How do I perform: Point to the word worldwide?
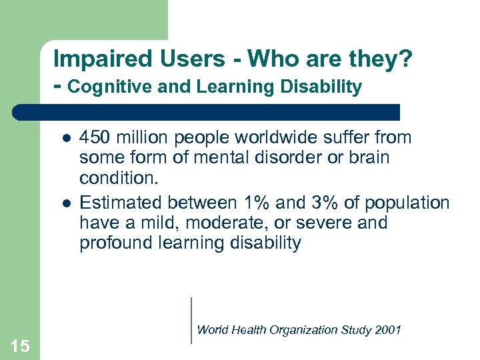[271, 138]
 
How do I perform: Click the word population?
[407, 202]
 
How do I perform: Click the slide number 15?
[20, 345]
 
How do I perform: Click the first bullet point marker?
[65, 139]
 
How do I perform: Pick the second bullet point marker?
[65, 203]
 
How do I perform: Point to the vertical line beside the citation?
[191, 320]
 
